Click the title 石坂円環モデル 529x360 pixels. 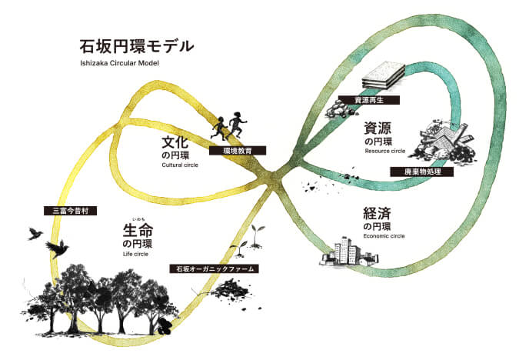[137, 46]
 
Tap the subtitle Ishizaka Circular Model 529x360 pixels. [119, 63]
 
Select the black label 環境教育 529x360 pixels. [238, 151]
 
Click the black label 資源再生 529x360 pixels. [369, 100]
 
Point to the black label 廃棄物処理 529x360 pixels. [422, 172]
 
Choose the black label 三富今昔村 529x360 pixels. [71, 211]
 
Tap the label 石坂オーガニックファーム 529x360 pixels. [215, 268]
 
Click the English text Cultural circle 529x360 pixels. [180, 165]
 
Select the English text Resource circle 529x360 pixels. [385, 151]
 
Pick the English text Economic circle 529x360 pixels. [384, 236]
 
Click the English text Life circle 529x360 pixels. [135, 254]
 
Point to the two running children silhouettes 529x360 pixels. [229, 125]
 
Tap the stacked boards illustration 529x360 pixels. [383, 76]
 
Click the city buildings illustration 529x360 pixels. [349, 252]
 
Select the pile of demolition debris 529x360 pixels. [441, 140]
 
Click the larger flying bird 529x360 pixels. [57, 248]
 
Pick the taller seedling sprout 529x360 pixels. [257, 236]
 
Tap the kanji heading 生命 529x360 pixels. [138, 231]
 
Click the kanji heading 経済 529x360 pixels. [377, 213]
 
